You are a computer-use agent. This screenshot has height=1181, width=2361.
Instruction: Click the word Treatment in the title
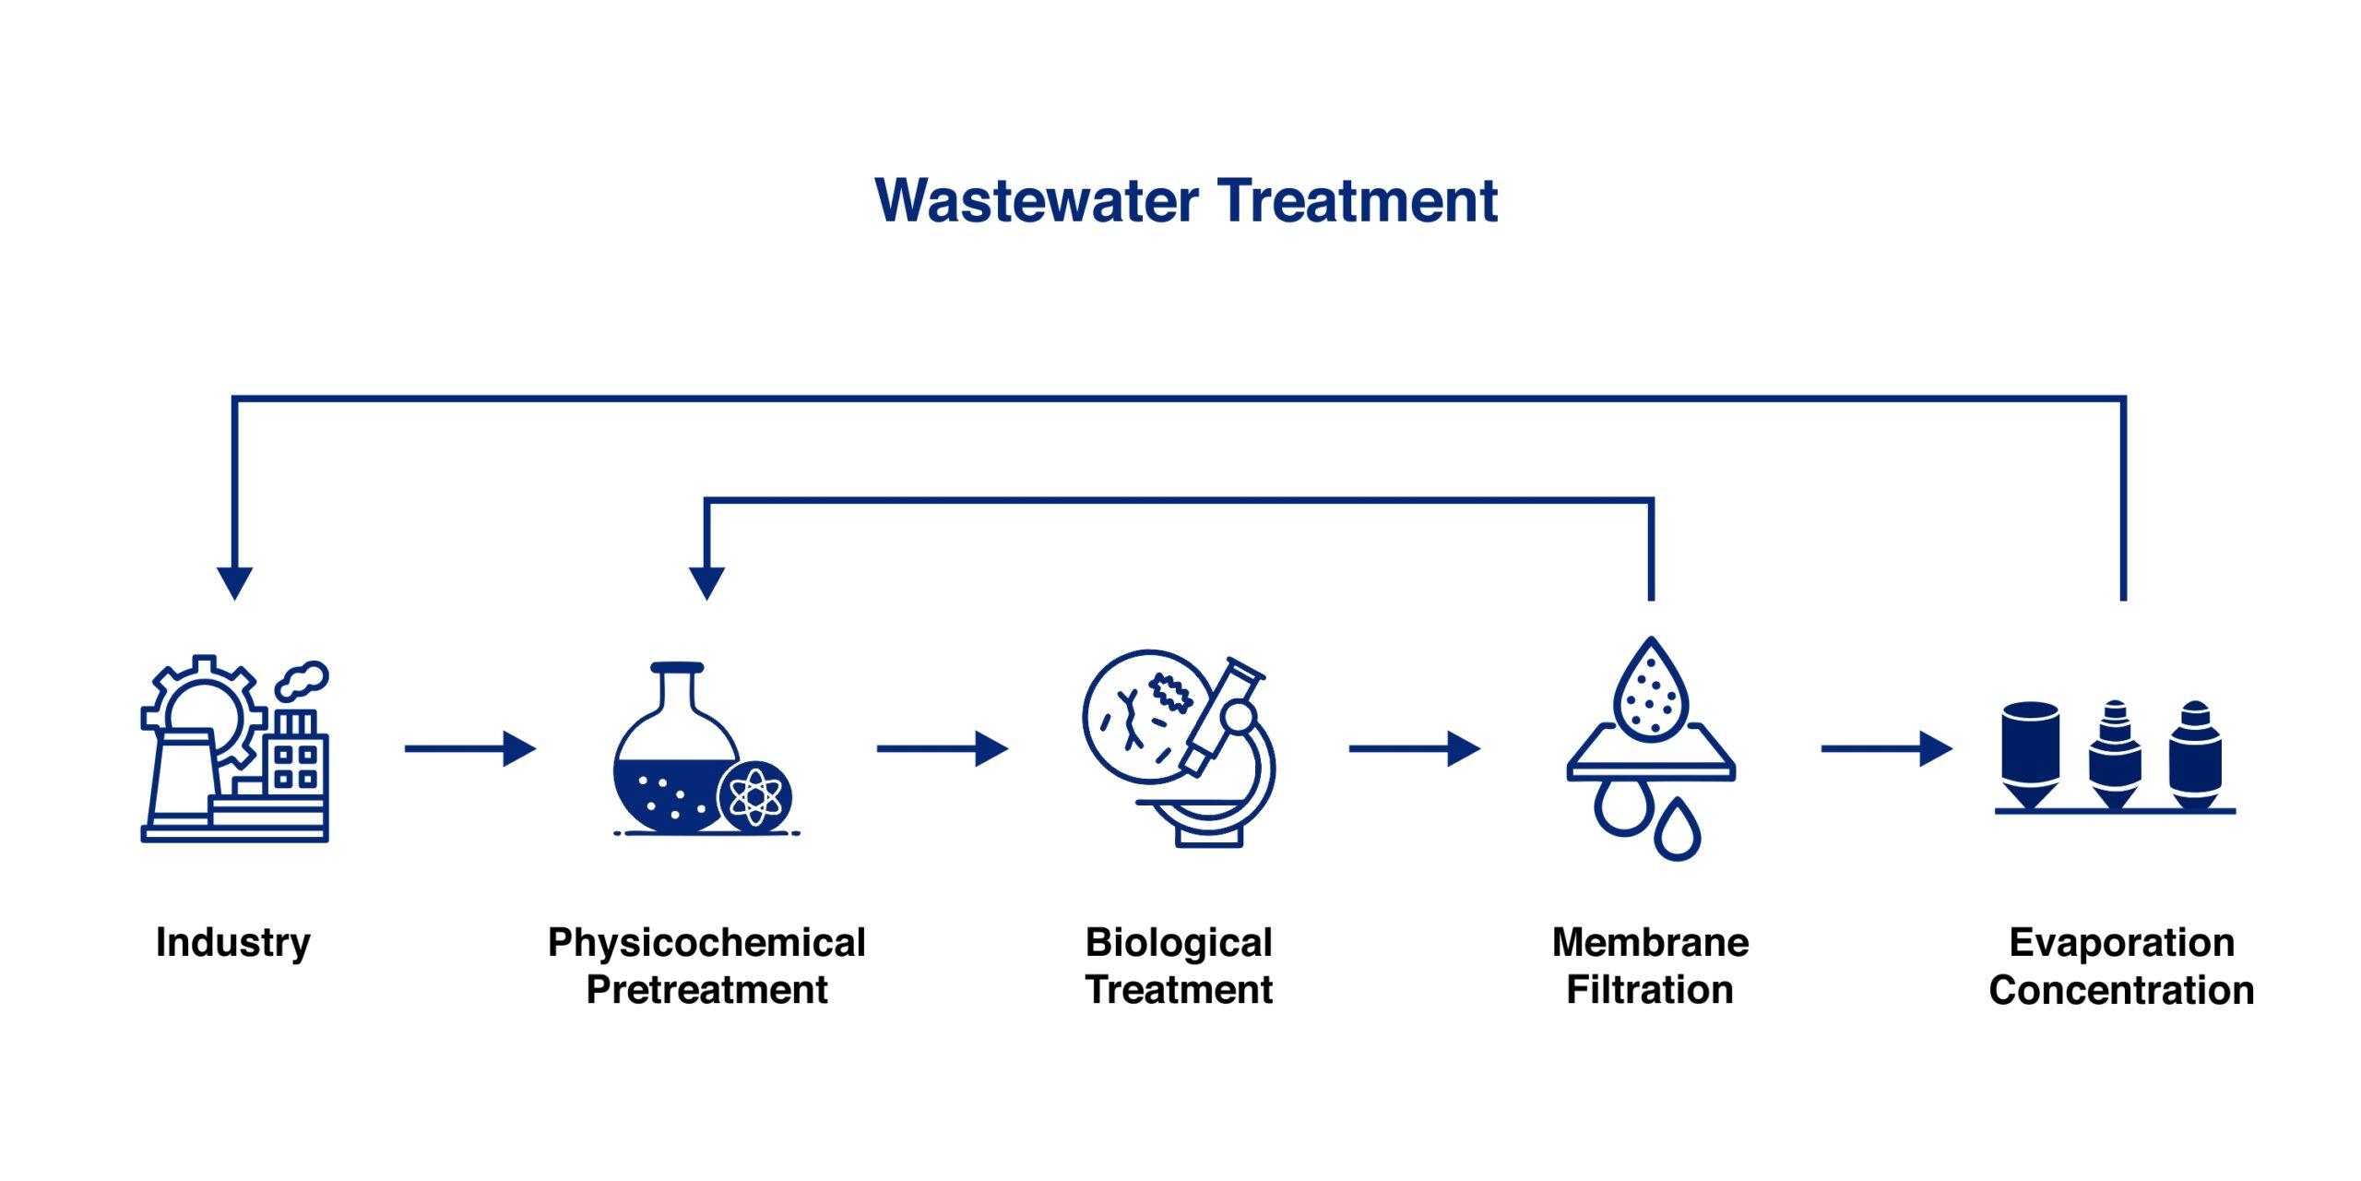click(1358, 201)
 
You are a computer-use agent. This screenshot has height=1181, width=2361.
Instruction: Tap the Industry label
click(233, 943)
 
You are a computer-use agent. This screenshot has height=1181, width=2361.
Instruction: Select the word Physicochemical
click(706, 943)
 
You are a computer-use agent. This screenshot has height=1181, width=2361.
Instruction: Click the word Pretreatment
click(706, 990)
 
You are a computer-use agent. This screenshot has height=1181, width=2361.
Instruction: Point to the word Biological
click(1179, 943)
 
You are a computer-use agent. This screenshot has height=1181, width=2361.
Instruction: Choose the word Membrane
click(1650, 943)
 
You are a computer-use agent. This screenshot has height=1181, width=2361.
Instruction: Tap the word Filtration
click(1650, 990)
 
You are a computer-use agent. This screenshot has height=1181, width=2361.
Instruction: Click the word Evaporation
click(2121, 943)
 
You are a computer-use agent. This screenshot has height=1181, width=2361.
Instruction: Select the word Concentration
click(2121, 990)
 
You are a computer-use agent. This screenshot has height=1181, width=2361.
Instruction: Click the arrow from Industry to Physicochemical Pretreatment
click(470, 748)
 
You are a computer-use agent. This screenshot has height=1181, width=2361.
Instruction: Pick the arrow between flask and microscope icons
click(943, 748)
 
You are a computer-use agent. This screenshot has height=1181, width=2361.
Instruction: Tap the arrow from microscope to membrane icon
click(1415, 748)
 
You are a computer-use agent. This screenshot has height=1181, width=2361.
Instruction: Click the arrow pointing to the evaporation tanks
click(1887, 748)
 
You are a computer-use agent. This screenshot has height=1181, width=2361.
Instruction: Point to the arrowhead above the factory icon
click(234, 582)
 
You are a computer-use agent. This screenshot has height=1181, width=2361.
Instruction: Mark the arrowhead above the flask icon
click(706, 582)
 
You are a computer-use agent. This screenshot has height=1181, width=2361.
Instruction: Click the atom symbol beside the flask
click(754, 796)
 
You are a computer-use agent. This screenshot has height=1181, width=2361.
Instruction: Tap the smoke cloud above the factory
click(303, 680)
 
